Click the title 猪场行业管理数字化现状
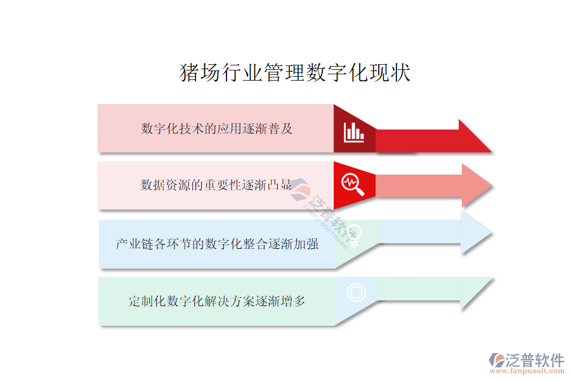(x=296, y=73)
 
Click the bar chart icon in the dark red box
(x=354, y=132)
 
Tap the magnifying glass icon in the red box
(x=353, y=184)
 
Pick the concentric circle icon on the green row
(x=356, y=292)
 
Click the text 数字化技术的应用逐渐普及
(x=216, y=128)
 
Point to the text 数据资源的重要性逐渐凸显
(x=216, y=185)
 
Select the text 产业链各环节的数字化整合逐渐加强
(x=217, y=244)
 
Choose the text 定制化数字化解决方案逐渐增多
(x=217, y=301)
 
